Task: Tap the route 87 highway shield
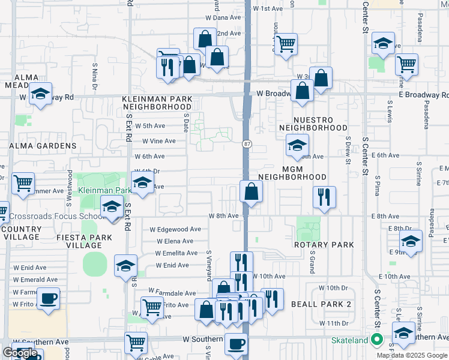click(247, 144)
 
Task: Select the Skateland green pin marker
click(376, 340)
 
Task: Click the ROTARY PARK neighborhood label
click(324, 245)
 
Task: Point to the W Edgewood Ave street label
click(175, 229)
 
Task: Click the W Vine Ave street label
click(158, 141)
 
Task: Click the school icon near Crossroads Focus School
click(112, 208)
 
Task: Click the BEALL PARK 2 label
click(321, 304)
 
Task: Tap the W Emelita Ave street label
click(176, 253)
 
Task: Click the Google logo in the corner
click(20, 353)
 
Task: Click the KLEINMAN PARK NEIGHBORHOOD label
click(157, 103)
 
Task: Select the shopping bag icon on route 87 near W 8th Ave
click(251, 191)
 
